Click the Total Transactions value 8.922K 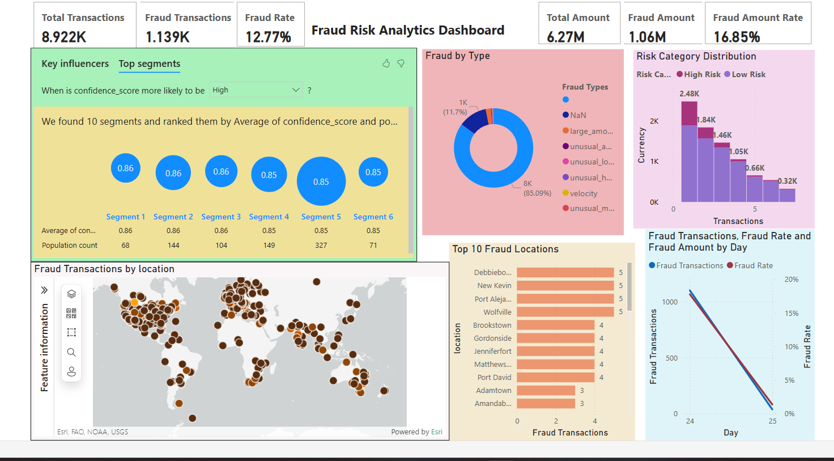(64, 37)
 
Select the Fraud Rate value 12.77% (268, 37)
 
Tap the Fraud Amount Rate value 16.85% (737, 37)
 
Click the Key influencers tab (75, 64)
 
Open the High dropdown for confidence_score (256, 90)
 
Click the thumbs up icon (386, 64)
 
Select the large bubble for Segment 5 (321, 181)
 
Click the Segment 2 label (173, 217)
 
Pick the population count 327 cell (321, 245)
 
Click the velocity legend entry (583, 193)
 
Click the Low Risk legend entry (748, 74)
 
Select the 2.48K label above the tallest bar (689, 94)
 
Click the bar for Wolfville (565, 312)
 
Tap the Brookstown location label (492, 325)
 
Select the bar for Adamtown (546, 390)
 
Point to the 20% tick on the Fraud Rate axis (791, 280)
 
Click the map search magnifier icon (71, 352)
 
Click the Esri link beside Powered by (436, 432)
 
